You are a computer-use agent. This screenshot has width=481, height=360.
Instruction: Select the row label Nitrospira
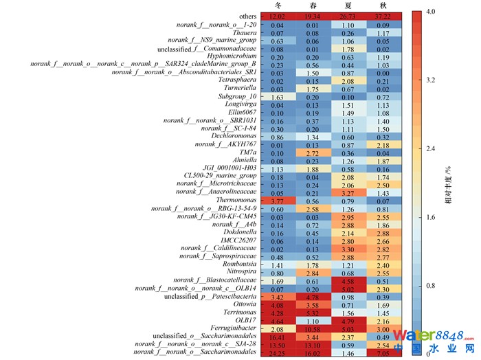[x=238, y=273]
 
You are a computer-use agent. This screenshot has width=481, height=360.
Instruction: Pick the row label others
[x=248, y=16]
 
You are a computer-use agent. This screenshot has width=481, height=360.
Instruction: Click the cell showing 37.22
[x=390, y=16]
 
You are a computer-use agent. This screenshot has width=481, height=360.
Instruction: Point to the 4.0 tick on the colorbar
[x=430, y=12]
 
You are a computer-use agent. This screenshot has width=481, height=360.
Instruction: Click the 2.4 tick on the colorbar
[x=430, y=148]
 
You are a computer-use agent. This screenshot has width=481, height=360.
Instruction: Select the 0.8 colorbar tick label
[x=430, y=285]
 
